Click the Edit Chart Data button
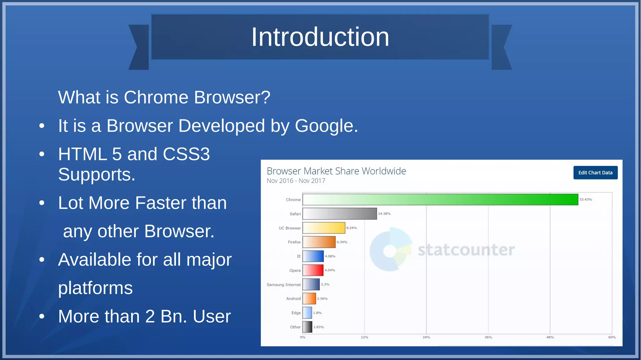595,172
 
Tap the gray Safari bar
340,213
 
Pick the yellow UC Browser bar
324,228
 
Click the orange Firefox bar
319,242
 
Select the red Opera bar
313,270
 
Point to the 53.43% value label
585,199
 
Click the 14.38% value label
384,213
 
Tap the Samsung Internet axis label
283,285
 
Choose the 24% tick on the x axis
426,337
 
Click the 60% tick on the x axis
612,337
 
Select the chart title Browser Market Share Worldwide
336,171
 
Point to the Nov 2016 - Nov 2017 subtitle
296,181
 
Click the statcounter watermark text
466,250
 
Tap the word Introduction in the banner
320,37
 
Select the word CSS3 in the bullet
186,154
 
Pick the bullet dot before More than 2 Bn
42,316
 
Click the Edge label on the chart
296,313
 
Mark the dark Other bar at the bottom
307,327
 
